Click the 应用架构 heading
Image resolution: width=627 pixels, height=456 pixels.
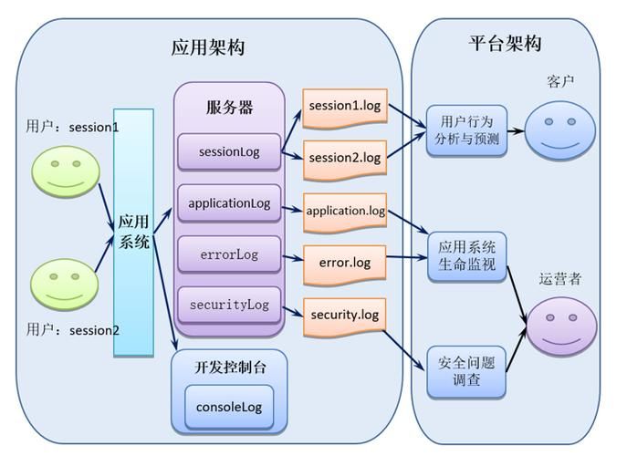208,47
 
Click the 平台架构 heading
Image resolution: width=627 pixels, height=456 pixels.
505,43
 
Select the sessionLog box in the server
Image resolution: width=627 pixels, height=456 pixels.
229,151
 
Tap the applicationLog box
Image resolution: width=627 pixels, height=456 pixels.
229,203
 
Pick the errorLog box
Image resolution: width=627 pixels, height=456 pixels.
229,254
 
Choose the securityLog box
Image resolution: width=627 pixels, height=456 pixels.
229,305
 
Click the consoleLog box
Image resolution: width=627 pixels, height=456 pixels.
229,406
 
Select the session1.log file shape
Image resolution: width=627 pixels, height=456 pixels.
344,106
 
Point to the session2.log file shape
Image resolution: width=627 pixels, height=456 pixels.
344,158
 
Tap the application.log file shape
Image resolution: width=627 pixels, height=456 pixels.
344,211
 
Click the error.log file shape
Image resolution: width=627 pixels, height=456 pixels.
344,263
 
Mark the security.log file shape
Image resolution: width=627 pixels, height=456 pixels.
344,315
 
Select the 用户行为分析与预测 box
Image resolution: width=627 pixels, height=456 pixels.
466,130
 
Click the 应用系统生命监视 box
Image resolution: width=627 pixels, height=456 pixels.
466,255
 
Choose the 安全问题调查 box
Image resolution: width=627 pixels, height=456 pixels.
466,371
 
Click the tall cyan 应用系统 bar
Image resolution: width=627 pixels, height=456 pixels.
133,233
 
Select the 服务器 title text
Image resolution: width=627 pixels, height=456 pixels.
229,108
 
